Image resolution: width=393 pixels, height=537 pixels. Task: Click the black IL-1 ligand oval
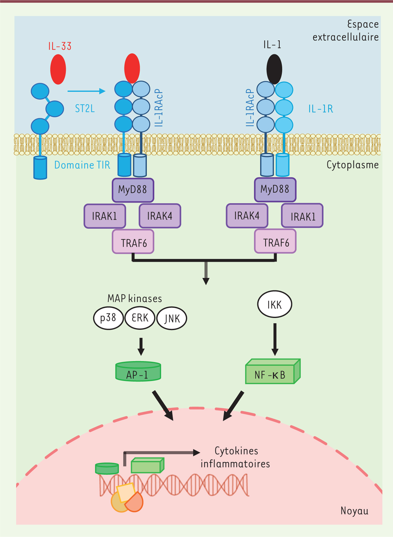pyautogui.click(x=274, y=69)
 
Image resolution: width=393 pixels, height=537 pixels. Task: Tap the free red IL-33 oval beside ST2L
pyautogui.click(x=58, y=69)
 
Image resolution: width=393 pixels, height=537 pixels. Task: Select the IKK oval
pyautogui.click(x=274, y=305)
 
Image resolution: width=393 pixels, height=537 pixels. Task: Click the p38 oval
pyautogui.click(x=108, y=318)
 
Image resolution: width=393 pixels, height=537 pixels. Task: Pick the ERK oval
pyautogui.click(x=140, y=318)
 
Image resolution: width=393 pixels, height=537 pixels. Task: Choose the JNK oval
pyautogui.click(x=172, y=318)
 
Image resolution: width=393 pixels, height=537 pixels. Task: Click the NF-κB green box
pyautogui.click(x=271, y=374)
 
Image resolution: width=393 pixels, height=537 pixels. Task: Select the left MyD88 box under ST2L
pyautogui.click(x=133, y=190)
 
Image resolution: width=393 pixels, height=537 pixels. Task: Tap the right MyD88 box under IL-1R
pyautogui.click(x=275, y=189)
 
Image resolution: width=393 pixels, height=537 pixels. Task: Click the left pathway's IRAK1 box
pyautogui.click(x=104, y=216)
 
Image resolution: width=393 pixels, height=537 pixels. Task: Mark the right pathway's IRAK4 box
pyautogui.click(x=247, y=216)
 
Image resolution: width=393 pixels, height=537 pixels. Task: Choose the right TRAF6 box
pyautogui.click(x=275, y=242)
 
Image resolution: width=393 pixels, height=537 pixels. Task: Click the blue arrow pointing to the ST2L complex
pyautogui.click(x=86, y=91)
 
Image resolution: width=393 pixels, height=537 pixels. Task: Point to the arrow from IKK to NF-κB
pyautogui.click(x=275, y=339)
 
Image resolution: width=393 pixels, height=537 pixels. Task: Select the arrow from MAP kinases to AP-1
pyautogui.click(x=141, y=346)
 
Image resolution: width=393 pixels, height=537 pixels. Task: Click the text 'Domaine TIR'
pyautogui.click(x=82, y=165)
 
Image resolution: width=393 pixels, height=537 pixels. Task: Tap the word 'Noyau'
pyautogui.click(x=354, y=511)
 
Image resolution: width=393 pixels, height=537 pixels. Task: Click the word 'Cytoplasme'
pyautogui.click(x=352, y=165)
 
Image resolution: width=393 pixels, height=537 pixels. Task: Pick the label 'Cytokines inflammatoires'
pyautogui.click(x=235, y=457)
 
